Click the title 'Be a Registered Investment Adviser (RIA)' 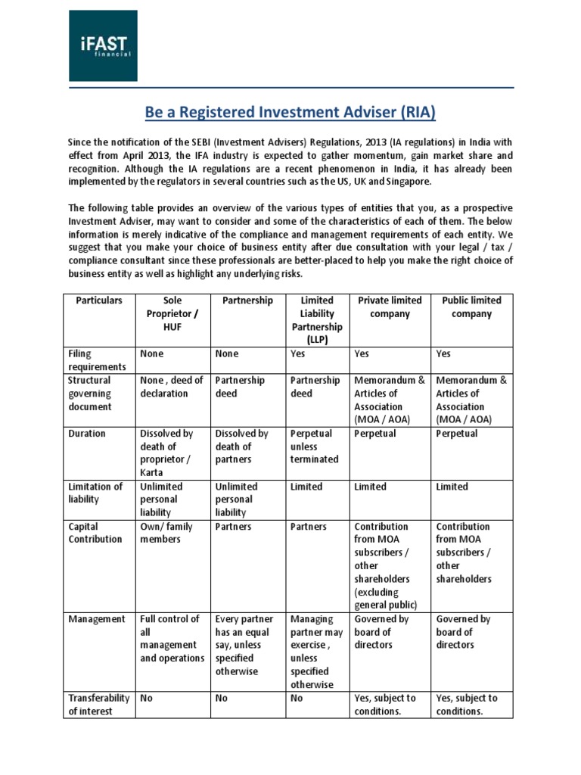[x=290, y=113]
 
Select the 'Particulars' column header [x=99, y=300]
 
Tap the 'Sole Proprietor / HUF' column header [x=172, y=313]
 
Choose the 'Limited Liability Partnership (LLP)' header [x=316, y=320]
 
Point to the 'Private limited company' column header [x=390, y=307]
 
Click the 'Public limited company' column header [x=471, y=307]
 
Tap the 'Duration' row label [x=87, y=434]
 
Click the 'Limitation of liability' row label [x=95, y=493]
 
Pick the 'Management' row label [x=97, y=619]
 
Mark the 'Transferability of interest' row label [x=99, y=705]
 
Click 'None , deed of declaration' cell [x=172, y=387]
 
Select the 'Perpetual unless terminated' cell [x=315, y=447]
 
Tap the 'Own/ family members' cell [x=168, y=533]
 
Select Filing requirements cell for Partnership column [x=227, y=353]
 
